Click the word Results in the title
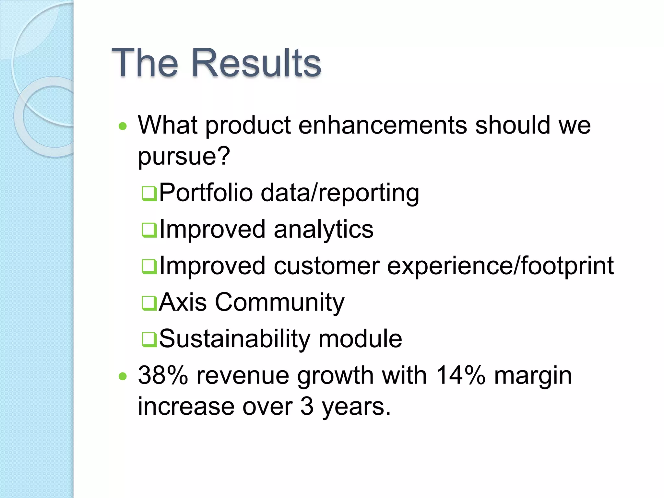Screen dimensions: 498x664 (256, 63)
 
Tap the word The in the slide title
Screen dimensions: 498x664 (145, 63)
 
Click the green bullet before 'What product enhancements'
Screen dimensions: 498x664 (123, 126)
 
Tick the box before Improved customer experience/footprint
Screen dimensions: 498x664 (149, 267)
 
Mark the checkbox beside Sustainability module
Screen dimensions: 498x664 (149, 340)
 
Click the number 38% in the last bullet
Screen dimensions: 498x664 (163, 375)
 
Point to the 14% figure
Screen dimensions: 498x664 (460, 375)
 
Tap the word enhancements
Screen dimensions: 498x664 (383, 125)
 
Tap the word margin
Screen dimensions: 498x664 (533, 376)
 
